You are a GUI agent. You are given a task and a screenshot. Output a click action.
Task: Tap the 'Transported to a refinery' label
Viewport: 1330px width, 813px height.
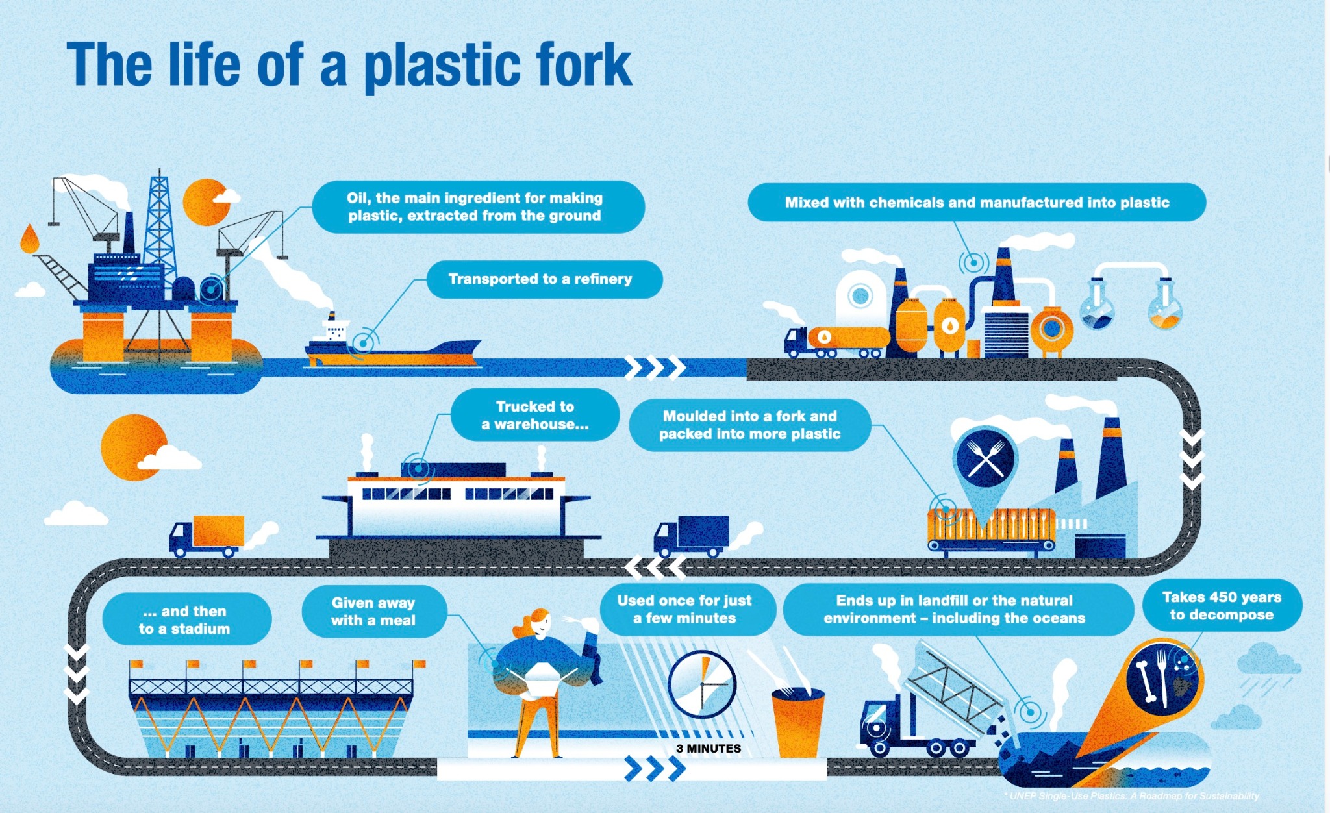point(544,279)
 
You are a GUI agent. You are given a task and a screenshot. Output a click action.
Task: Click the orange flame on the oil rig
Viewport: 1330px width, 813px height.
point(29,239)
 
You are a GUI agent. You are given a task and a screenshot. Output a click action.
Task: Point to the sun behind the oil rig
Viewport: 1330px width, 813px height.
point(204,201)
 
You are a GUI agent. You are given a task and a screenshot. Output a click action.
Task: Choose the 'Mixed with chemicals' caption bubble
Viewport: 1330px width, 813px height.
point(976,203)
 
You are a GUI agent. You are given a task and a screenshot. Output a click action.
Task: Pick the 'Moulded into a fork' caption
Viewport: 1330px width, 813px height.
point(749,425)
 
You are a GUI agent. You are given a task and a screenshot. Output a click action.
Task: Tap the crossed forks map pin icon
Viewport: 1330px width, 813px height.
point(985,458)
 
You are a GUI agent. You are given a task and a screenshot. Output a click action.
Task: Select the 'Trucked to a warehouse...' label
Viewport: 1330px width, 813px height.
point(534,416)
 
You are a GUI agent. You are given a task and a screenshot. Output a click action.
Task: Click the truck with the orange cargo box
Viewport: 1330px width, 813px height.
point(207,536)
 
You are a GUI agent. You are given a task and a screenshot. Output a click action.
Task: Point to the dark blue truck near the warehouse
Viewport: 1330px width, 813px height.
point(691,536)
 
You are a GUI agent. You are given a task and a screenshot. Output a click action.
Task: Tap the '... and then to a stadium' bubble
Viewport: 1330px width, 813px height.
point(186,619)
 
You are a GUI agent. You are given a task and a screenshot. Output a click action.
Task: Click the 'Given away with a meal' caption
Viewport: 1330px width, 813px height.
point(373,612)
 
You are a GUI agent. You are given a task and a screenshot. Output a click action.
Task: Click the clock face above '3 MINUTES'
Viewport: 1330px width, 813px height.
point(701,684)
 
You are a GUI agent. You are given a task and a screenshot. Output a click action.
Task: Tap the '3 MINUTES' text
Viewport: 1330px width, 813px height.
point(708,749)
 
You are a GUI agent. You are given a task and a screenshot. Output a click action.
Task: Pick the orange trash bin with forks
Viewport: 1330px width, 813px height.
point(797,721)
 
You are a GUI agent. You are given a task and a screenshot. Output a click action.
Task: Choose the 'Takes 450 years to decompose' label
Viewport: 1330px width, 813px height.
point(1222,606)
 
